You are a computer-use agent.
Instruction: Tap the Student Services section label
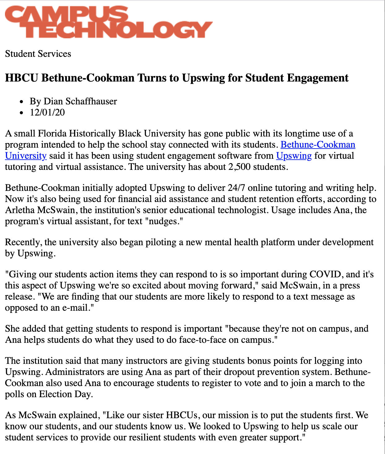coord(38,54)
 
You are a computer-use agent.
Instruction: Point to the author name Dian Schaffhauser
coord(80,101)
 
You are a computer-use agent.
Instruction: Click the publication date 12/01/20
coord(47,112)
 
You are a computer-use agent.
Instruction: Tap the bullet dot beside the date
coord(21,113)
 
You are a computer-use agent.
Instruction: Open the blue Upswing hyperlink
coord(294,156)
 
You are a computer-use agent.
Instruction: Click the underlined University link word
coord(26,156)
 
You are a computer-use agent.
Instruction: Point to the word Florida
coord(52,133)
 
